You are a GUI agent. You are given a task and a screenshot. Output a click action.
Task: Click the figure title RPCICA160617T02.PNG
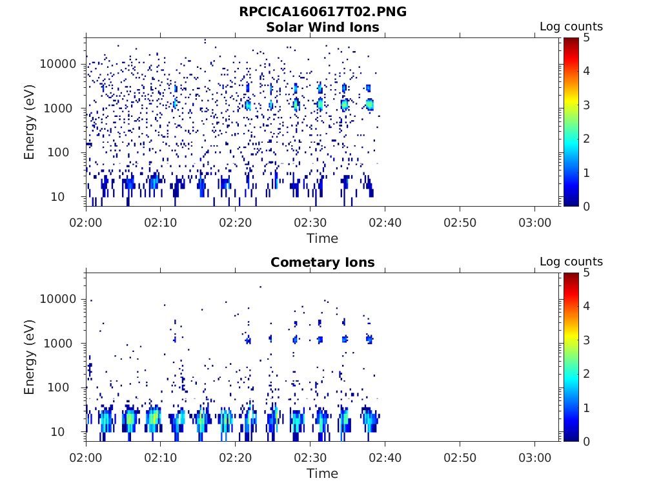[323, 12]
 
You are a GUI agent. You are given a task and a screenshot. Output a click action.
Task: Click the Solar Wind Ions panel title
[323, 27]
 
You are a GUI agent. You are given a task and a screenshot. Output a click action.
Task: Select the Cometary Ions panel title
[323, 262]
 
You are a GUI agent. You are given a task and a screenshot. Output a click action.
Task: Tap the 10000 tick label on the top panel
[58, 64]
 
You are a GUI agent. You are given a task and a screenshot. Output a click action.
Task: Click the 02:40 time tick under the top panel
[385, 222]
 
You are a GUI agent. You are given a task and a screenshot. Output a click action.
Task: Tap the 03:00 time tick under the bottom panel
[534, 457]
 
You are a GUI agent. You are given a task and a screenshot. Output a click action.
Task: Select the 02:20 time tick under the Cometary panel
[236, 457]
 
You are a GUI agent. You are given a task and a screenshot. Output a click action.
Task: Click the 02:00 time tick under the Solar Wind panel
[86, 222]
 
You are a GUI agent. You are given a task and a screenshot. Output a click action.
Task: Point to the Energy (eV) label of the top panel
[30, 121]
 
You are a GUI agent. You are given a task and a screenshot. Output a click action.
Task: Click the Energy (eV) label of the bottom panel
[30, 356]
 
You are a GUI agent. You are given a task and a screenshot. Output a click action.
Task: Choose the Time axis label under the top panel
[323, 238]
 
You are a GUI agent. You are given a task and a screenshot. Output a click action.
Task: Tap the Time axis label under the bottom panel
[323, 473]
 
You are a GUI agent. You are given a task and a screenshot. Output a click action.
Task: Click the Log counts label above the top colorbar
[571, 26]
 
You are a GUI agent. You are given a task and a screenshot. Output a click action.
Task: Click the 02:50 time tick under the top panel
[460, 222]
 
